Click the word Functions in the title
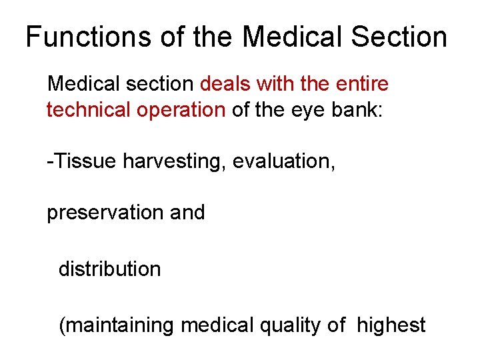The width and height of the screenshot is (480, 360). pyautogui.click(x=87, y=37)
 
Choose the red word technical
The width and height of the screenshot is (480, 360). pyautogui.click(x=86, y=109)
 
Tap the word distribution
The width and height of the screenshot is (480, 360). pyautogui.click(x=110, y=269)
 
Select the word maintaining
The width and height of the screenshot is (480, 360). pyautogui.click(x=121, y=326)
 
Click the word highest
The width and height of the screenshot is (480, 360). pyautogui.click(x=391, y=326)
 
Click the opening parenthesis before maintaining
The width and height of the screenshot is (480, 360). pyautogui.click(x=62, y=326)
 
